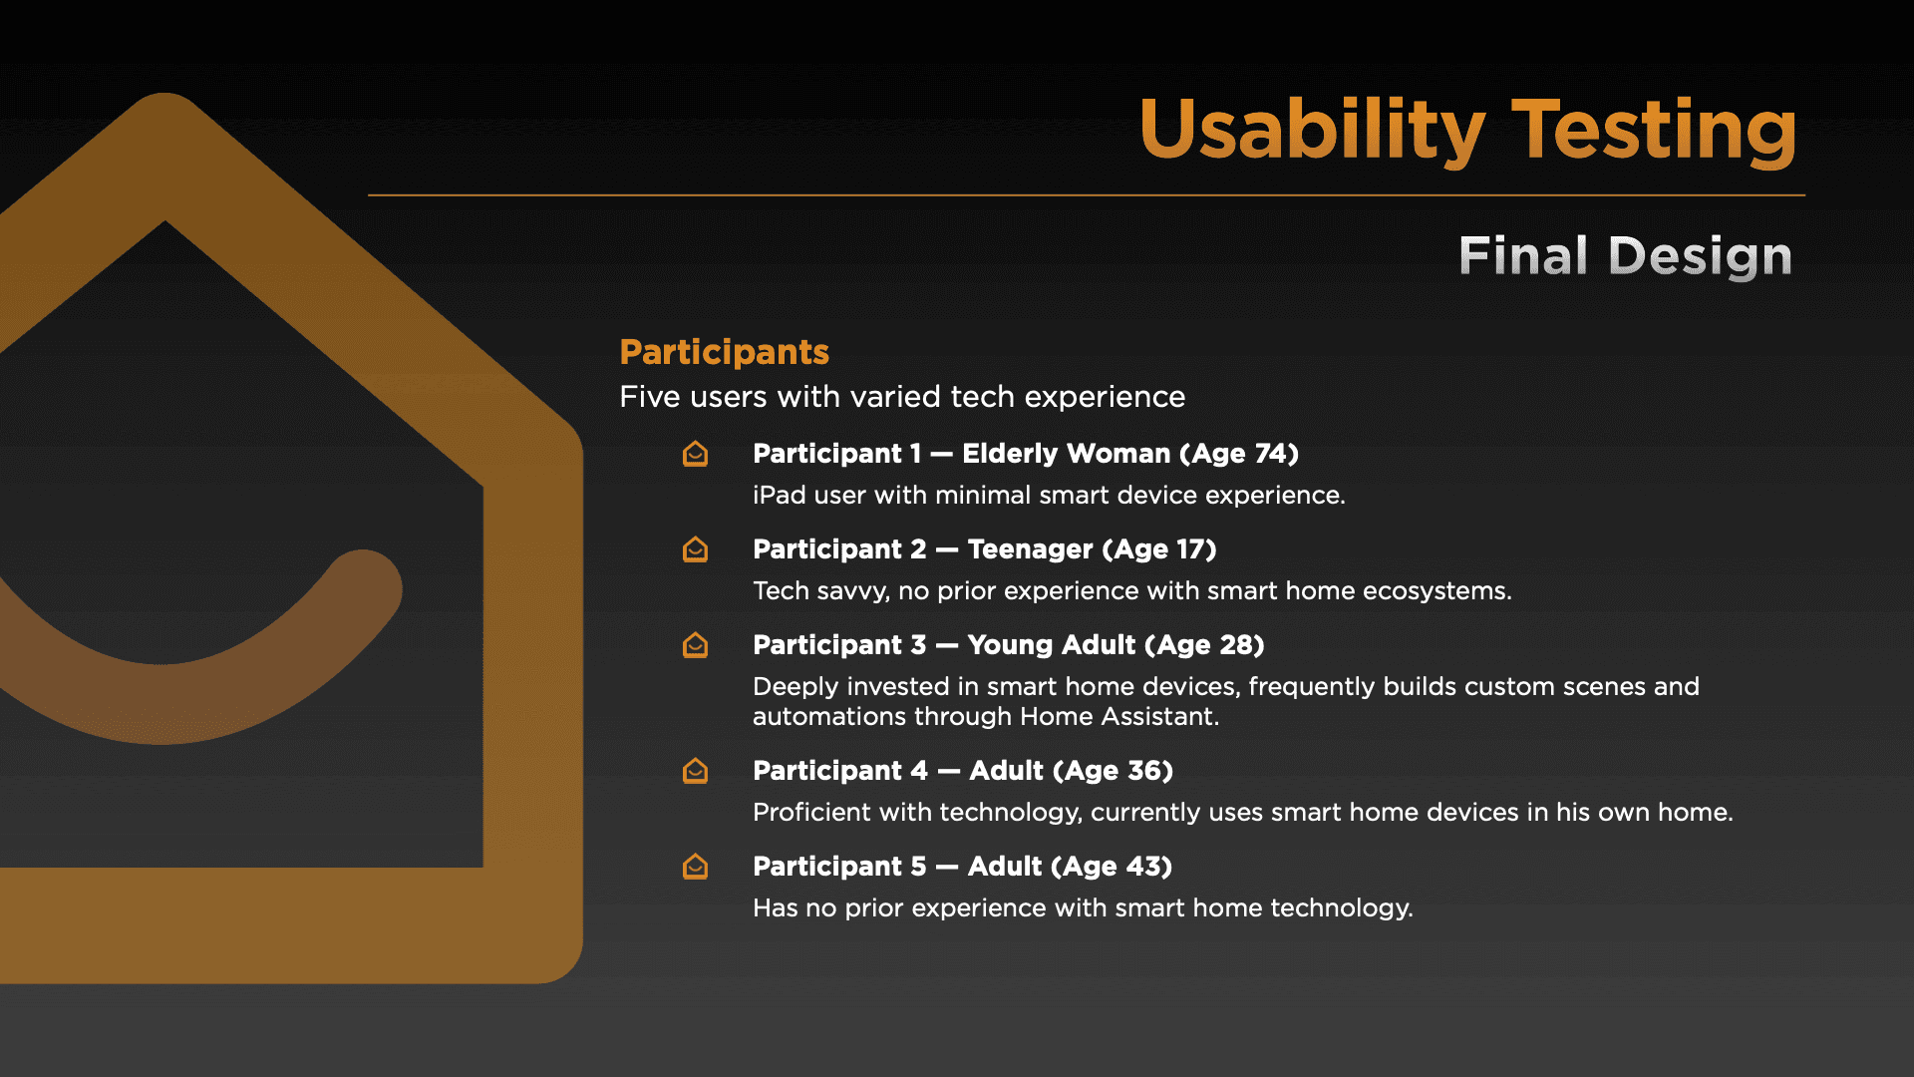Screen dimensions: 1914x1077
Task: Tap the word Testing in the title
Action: click(1655, 130)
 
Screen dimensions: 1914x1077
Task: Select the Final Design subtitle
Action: click(1626, 256)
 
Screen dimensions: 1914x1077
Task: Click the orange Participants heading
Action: click(725, 352)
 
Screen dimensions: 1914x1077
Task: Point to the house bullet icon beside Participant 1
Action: click(695, 454)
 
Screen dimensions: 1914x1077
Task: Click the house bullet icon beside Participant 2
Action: click(695, 549)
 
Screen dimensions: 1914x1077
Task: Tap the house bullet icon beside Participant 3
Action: click(695, 645)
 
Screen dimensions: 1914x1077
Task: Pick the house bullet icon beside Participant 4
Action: click(695, 771)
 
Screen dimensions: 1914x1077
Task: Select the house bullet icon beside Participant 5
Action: click(695, 867)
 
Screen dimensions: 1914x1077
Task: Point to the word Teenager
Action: click(1030, 549)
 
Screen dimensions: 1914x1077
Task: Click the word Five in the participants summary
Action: click(650, 397)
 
